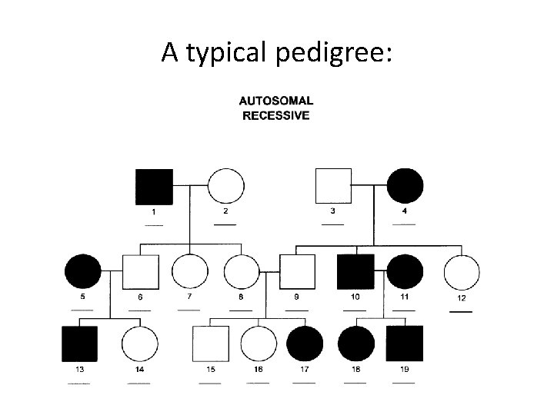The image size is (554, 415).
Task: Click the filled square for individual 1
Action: [155, 187]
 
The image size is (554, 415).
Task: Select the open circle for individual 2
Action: [225, 187]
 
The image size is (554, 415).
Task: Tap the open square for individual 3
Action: [334, 187]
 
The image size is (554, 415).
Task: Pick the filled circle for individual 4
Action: [405, 187]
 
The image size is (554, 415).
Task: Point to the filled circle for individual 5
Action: [83, 272]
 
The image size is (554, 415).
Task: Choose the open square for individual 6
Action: [141, 272]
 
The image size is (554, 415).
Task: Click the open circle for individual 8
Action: [242, 272]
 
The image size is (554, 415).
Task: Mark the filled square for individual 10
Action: [355, 272]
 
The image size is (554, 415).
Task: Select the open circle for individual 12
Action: [462, 272]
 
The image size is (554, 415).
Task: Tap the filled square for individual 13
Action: [79, 344]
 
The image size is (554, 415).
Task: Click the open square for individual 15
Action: [210, 344]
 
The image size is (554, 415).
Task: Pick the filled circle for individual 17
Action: [305, 344]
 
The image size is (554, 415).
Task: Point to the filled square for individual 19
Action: [405, 344]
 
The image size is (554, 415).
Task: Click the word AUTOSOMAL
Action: [276, 101]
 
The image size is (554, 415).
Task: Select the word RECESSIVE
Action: [276, 116]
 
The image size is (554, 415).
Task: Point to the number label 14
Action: [139, 370]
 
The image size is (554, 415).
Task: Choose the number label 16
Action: [258, 370]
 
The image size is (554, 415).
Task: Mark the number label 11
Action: [405, 297]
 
